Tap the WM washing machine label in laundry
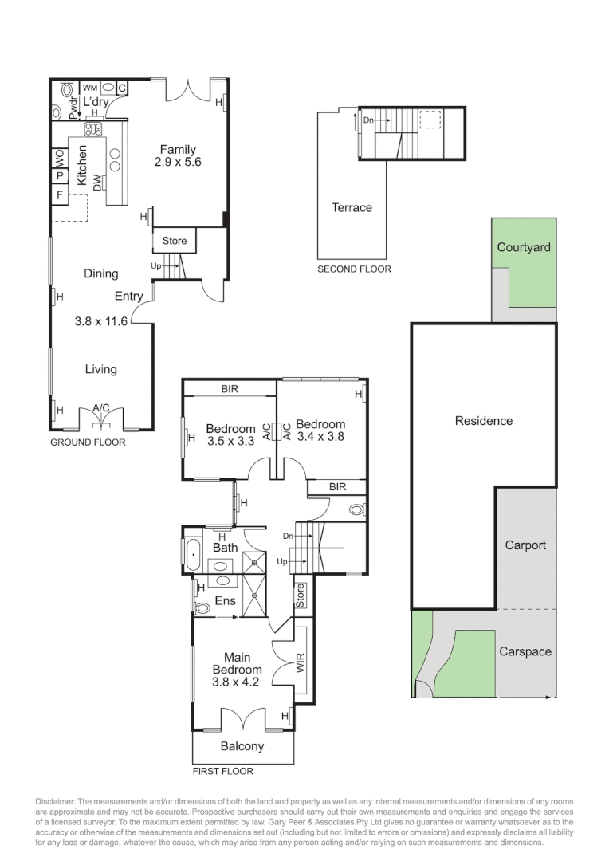(90, 88)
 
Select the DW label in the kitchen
(97, 183)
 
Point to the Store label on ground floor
(174, 241)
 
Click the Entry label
(128, 297)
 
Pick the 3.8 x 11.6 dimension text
(101, 322)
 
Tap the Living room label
(100, 368)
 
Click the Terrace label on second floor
(352, 207)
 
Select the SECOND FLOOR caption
(354, 269)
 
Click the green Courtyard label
(524, 247)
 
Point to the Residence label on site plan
(483, 420)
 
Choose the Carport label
(525, 545)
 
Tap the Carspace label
(525, 651)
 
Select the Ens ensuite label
(225, 600)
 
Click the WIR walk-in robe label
(301, 663)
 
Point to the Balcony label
(242, 746)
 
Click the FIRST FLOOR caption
(222, 771)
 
